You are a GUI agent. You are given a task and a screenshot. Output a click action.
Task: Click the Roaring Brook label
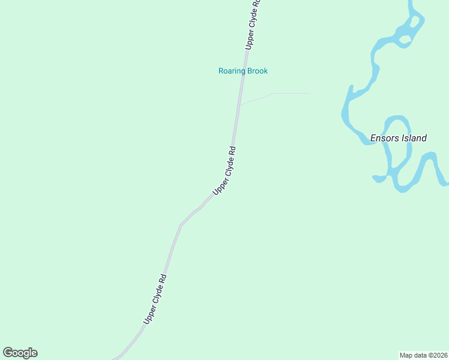243,71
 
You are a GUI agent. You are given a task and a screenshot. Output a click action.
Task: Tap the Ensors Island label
398,138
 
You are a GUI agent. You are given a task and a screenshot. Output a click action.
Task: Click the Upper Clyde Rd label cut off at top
253,24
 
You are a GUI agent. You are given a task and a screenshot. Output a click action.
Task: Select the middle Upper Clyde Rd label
224,170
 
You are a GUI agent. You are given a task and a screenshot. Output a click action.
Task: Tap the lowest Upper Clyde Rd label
154,299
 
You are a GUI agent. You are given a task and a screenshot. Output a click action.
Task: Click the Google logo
20,353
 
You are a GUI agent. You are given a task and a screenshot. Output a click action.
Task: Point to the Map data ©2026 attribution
424,355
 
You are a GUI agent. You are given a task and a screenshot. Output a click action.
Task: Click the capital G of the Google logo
8,353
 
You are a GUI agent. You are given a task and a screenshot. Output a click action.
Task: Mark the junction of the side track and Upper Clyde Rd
240,105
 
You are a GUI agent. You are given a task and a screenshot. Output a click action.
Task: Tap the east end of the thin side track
310,93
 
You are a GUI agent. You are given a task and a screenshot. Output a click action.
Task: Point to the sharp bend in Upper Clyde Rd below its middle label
181,225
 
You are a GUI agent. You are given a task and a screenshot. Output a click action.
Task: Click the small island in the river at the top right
406,40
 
